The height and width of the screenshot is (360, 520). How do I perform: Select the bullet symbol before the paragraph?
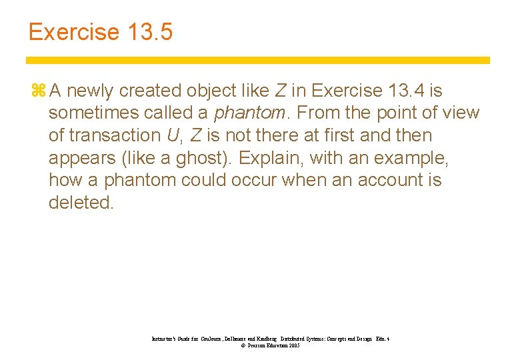click(37, 91)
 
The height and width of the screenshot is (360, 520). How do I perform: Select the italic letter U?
click(172, 135)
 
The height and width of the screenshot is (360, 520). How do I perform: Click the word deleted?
click(81, 203)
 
